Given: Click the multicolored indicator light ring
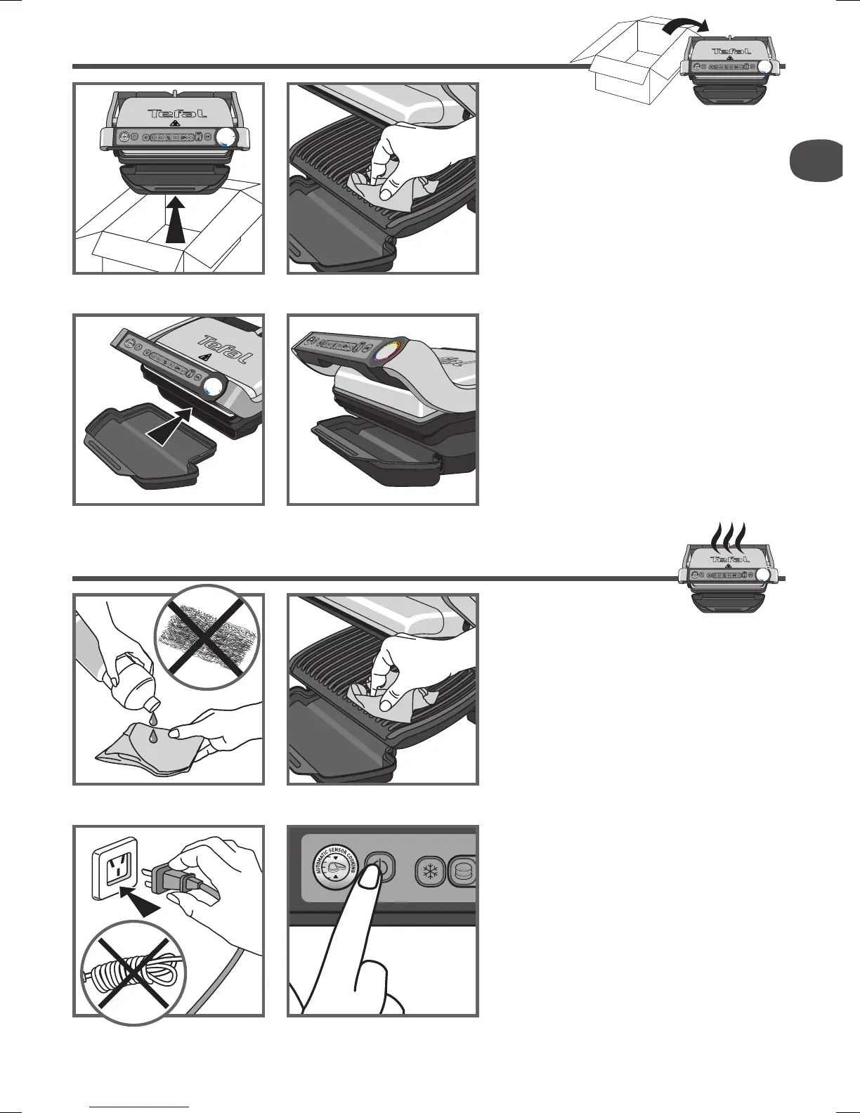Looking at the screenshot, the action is coord(387,350).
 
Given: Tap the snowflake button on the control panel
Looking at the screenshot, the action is coord(429,869).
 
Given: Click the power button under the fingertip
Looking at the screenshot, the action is coord(380,866).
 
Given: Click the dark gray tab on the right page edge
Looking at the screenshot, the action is coord(815,161).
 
